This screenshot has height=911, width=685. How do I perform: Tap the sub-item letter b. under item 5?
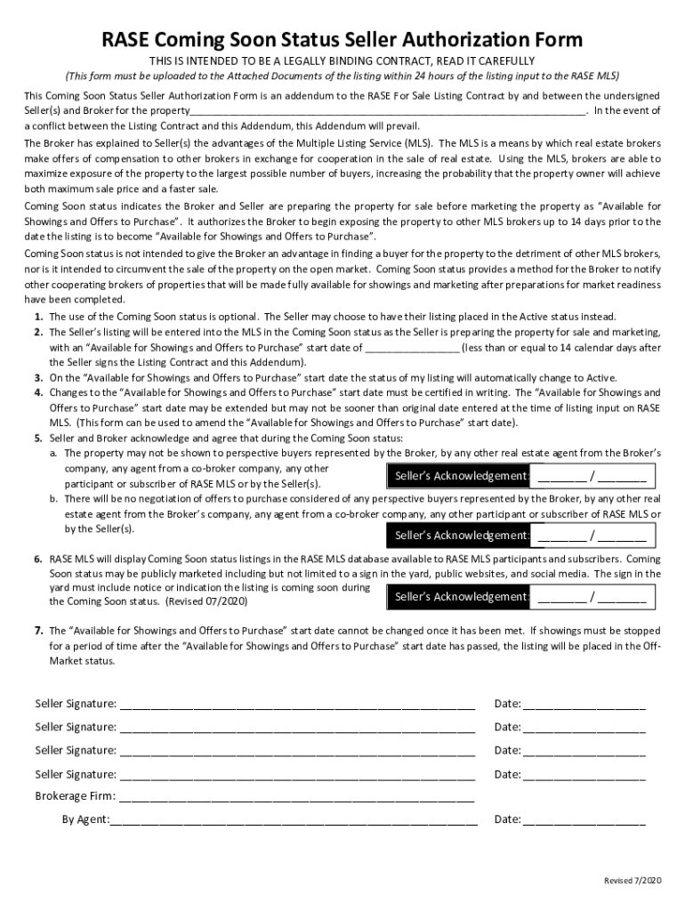click(54, 499)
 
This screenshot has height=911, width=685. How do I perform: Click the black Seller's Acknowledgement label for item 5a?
click(459, 476)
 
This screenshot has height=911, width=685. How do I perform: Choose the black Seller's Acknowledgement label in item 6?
click(459, 596)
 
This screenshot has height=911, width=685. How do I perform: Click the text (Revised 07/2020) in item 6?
click(207, 602)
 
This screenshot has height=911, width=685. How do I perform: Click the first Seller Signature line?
click(296, 705)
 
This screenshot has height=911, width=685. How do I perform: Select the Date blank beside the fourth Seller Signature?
click(584, 775)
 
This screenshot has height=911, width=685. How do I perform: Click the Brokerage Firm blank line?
click(296, 796)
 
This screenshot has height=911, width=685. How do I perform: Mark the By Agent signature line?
click(294, 819)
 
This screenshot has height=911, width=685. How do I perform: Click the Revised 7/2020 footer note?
click(633, 881)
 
